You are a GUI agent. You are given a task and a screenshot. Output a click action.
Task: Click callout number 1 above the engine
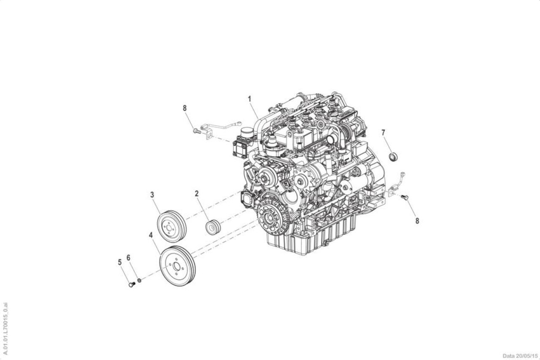click(250, 99)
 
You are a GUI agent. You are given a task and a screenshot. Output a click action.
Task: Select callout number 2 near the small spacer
click(197, 194)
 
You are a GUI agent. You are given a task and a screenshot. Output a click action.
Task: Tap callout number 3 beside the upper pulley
click(152, 195)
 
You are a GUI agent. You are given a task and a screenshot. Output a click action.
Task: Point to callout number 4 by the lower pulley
click(151, 235)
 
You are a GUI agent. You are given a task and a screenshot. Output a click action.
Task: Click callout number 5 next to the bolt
click(120, 263)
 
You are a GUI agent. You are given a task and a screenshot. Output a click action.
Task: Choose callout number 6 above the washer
click(129, 258)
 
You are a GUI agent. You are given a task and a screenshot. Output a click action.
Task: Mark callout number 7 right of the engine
click(383, 133)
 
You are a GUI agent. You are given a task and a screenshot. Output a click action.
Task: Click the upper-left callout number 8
click(185, 108)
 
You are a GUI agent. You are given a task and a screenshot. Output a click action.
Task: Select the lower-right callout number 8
click(417, 221)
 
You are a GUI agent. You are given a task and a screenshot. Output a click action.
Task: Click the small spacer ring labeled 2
click(213, 227)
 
